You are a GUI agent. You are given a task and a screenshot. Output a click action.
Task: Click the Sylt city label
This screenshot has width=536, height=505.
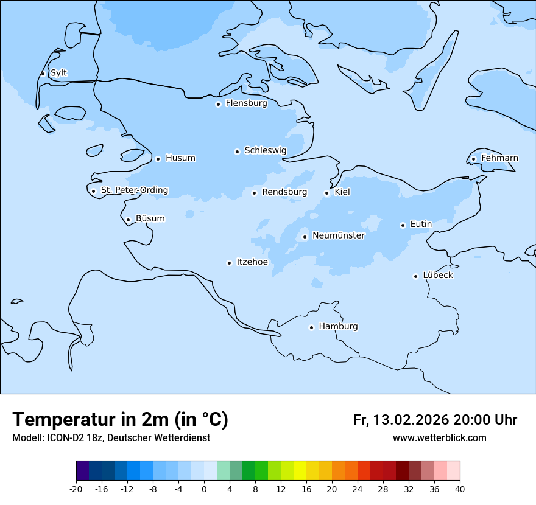[x=58, y=73]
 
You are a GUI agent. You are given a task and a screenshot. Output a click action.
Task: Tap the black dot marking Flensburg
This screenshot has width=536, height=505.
[x=218, y=104]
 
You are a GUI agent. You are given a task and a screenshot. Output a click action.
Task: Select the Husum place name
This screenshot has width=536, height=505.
[x=180, y=158]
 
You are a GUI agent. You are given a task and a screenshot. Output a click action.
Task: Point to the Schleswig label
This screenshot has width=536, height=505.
[x=265, y=150]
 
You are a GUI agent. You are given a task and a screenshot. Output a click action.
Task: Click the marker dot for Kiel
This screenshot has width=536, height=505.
[x=327, y=193]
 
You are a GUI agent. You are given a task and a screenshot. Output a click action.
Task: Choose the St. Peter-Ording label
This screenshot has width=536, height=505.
[x=134, y=190]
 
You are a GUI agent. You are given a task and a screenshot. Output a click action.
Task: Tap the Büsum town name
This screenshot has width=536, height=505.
[x=150, y=218]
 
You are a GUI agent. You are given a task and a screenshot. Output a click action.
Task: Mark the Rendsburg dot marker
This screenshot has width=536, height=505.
[x=255, y=193]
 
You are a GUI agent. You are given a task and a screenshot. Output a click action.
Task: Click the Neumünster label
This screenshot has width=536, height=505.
[x=338, y=235]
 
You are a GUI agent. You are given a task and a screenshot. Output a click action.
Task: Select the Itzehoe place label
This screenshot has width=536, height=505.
[x=252, y=262]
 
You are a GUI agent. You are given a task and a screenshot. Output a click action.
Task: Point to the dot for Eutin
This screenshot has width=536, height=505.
[x=403, y=225]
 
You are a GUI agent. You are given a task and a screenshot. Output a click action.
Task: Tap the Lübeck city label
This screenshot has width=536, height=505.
[x=437, y=276]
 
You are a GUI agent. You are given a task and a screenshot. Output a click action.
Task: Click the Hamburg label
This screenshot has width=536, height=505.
[x=338, y=327]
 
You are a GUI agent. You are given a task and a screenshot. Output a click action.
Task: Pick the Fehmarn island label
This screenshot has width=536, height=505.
[x=499, y=158]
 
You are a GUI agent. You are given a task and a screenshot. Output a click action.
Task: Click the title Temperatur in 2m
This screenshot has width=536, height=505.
[x=120, y=419]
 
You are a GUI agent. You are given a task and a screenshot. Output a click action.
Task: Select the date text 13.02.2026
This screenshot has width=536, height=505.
[x=411, y=420]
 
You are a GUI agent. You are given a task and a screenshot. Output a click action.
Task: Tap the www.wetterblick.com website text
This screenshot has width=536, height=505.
[x=439, y=438]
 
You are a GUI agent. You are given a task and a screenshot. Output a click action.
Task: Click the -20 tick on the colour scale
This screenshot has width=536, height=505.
[x=76, y=489]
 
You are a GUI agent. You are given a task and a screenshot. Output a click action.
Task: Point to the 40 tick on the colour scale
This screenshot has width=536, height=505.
[x=460, y=489]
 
